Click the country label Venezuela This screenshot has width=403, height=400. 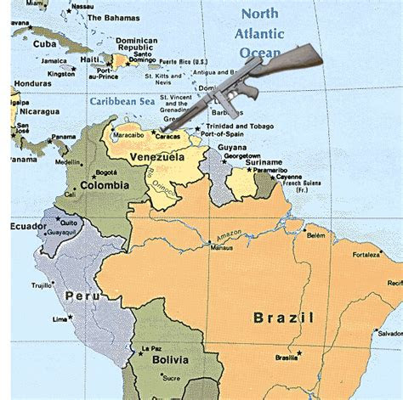pos(156,157)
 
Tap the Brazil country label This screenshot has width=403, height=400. pos(283,318)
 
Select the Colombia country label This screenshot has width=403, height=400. pos(104,184)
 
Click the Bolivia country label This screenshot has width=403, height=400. pos(170,359)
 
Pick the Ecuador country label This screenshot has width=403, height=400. pos(28,227)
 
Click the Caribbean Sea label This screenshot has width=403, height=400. pos(121,102)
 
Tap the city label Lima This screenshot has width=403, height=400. pos(60,319)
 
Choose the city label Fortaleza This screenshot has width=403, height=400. pos(367,254)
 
